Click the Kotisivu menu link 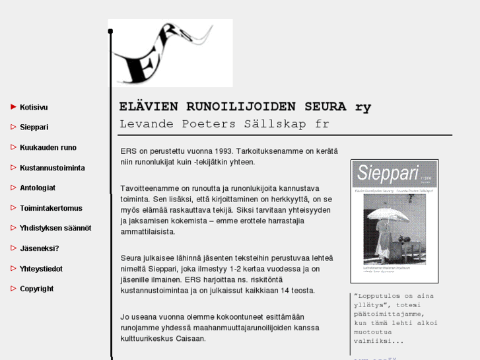(34, 107)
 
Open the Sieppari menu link (34, 127)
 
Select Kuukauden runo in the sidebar (48, 148)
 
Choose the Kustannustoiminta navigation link (52, 168)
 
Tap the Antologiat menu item (38, 188)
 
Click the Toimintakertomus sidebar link (51, 208)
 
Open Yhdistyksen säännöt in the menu (55, 229)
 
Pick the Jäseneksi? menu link (39, 248)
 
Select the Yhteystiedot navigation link (41, 269)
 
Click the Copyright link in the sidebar (36, 289)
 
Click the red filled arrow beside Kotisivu (13, 106)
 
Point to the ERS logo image (170, 53)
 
